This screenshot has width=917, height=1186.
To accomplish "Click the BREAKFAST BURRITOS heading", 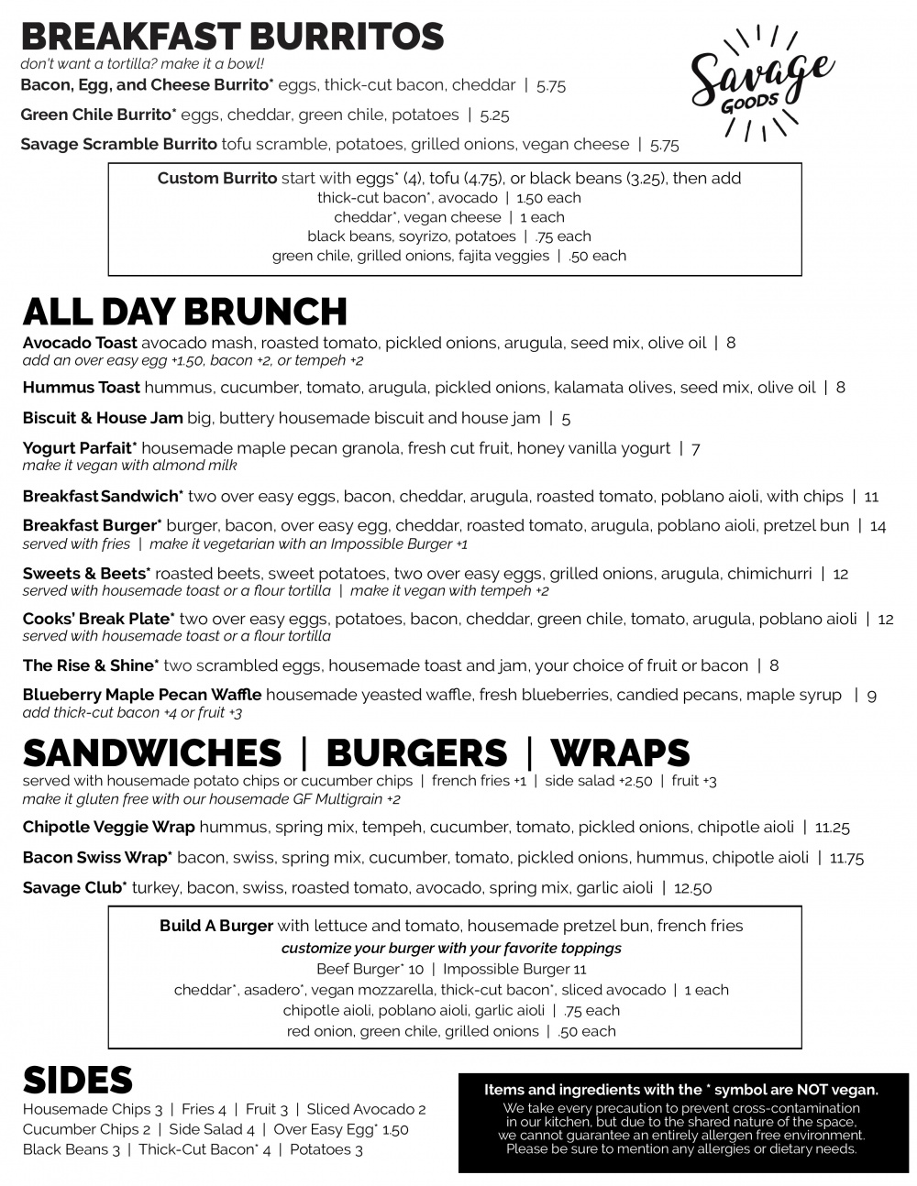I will [x=232, y=37].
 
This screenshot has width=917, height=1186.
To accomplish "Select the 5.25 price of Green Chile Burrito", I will [x=494, y=115].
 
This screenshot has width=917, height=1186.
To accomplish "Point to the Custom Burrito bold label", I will [x=216, y=178].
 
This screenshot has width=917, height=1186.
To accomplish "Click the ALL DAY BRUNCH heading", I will [x=184, y=312].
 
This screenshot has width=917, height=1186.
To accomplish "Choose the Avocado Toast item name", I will [x=80, y=343].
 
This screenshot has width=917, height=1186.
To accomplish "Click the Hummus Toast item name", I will [x=81, y=387].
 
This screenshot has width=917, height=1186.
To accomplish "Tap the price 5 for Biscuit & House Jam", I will [x=566, y=419].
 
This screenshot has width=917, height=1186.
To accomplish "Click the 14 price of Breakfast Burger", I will [x=878, y=526].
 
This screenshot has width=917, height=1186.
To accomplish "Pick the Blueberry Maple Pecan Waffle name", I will [x=141, y=695].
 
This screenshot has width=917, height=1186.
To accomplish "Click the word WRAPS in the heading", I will [x=620, y=753].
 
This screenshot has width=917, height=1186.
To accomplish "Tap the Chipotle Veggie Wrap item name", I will [x=108, y=827].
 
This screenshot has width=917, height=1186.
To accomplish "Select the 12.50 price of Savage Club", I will [x=692, y=888].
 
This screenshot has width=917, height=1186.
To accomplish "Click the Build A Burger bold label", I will [x=216, y=926].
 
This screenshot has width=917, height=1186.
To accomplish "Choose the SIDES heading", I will [x=77, y=1081].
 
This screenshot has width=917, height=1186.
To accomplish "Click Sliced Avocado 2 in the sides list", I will [x=366, y=1109].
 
